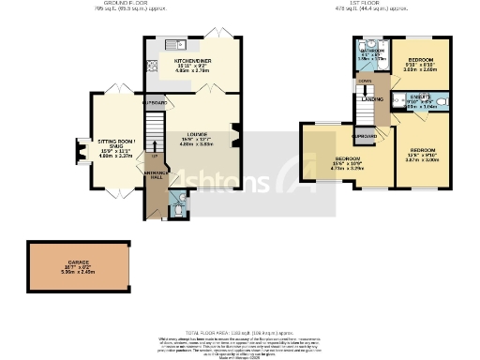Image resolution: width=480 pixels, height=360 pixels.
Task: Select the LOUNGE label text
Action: click(198, 137)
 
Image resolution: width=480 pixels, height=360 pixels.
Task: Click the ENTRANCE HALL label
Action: click(155, 174)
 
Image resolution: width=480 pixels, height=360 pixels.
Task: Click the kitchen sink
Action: click(177, 43)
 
